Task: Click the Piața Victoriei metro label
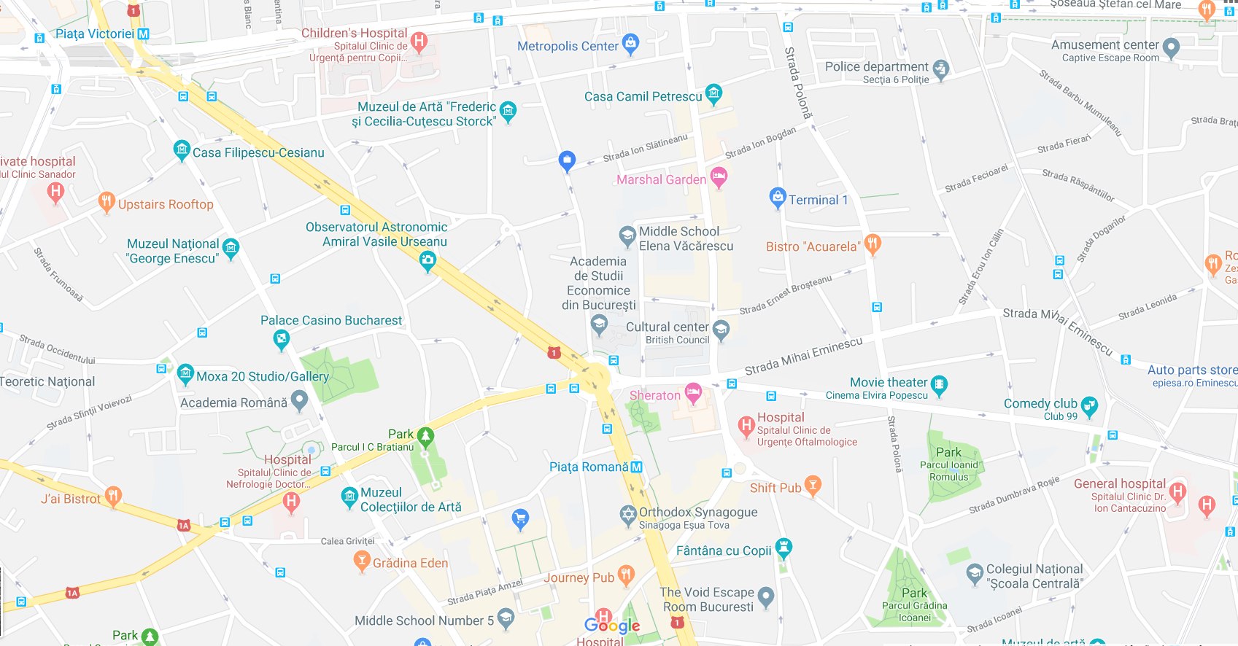coord(94,34)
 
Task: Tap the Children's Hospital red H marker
coord(419,41)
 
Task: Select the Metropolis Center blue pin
coord(630,44)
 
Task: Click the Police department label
coord(876,66)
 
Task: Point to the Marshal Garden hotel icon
coord(719,176)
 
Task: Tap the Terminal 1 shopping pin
coord(777,198)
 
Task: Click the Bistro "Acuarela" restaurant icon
coord(873,244)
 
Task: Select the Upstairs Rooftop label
coord(166,204)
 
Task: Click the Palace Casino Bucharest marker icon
coord(281,339)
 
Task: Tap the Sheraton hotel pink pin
coord(692,394)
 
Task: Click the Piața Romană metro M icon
coord(636,467)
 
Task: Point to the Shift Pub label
coord(775,488)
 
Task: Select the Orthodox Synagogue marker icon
coord(627,515)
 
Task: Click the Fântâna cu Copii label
coord(723,550)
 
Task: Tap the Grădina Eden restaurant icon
coord(361,561)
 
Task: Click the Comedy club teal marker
coord(1088,406)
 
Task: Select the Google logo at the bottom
coord(612,625)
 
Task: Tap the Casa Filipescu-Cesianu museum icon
coord(182,151)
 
